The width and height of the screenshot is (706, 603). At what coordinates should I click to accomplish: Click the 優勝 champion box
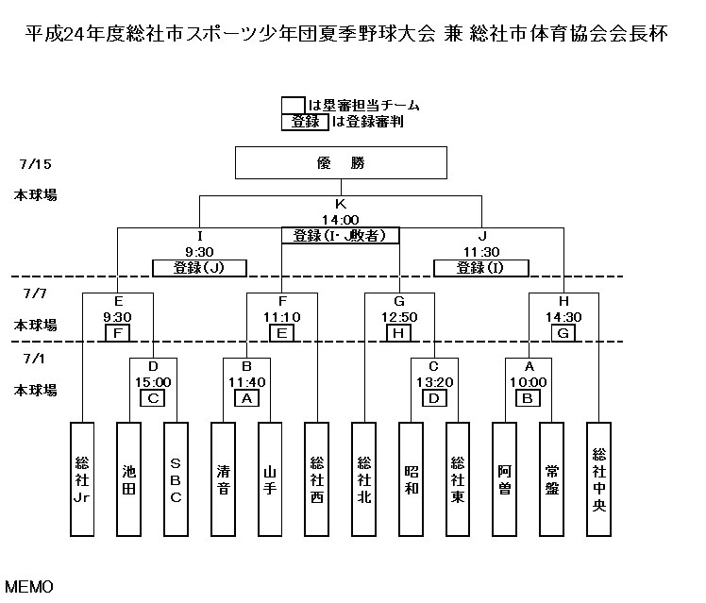340,161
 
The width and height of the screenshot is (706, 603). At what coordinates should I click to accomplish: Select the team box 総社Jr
82,478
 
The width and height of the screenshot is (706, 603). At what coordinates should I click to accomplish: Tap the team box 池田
129,478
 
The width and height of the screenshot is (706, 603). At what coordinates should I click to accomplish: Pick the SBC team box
176,478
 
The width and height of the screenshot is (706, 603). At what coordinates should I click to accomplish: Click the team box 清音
223,478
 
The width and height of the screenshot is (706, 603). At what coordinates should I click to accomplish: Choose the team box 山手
270,478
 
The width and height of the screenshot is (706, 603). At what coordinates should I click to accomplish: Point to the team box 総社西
317,478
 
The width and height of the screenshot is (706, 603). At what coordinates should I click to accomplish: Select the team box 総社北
364,478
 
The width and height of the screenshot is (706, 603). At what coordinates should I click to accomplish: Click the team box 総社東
458,478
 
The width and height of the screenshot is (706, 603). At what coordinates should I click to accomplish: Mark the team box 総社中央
598,478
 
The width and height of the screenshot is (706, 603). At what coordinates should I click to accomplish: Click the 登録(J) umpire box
199,267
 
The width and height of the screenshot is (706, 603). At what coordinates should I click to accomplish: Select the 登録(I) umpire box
480,267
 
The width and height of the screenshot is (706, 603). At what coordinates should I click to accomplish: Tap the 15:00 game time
152,381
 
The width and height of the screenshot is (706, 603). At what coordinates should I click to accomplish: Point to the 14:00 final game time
340,218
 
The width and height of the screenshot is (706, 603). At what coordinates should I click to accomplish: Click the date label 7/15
35,163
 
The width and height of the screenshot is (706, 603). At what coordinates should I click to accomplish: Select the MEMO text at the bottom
28,586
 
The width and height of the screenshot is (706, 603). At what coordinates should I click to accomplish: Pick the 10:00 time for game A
529,381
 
